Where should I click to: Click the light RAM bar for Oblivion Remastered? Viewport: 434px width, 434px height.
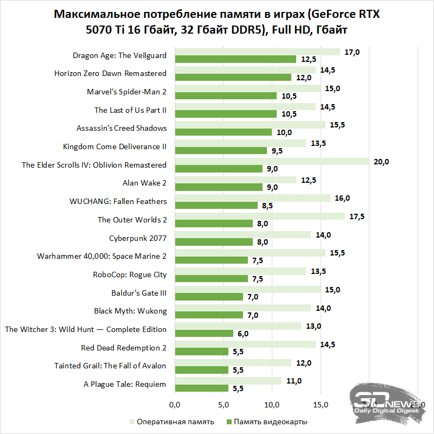tap(271, 161)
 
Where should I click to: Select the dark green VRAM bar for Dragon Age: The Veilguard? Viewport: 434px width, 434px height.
tap(235, 59)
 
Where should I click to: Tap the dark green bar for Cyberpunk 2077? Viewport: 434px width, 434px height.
tap(214, 242)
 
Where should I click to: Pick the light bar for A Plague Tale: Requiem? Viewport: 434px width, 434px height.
tap(228, 381)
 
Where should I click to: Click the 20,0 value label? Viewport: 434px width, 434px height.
tap(382, 161)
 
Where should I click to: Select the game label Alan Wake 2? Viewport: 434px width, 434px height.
tap(145, 183)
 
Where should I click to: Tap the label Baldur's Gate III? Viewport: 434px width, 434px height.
tap(139, 293)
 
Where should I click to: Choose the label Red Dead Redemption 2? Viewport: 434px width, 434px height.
tap(124, 348)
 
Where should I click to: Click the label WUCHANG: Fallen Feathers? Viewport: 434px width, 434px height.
tap(118, 201)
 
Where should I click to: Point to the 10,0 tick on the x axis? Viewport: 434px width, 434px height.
tap(272, 405)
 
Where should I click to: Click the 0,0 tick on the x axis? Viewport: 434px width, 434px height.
tap(175, 405)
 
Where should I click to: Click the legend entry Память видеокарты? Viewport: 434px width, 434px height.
tap(271, 422)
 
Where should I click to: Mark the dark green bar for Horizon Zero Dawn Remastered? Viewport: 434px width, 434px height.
tap(233, 78)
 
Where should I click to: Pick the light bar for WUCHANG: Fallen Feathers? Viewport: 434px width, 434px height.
tap(252, 198)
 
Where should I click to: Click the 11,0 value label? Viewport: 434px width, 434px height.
tap(293, 381)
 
